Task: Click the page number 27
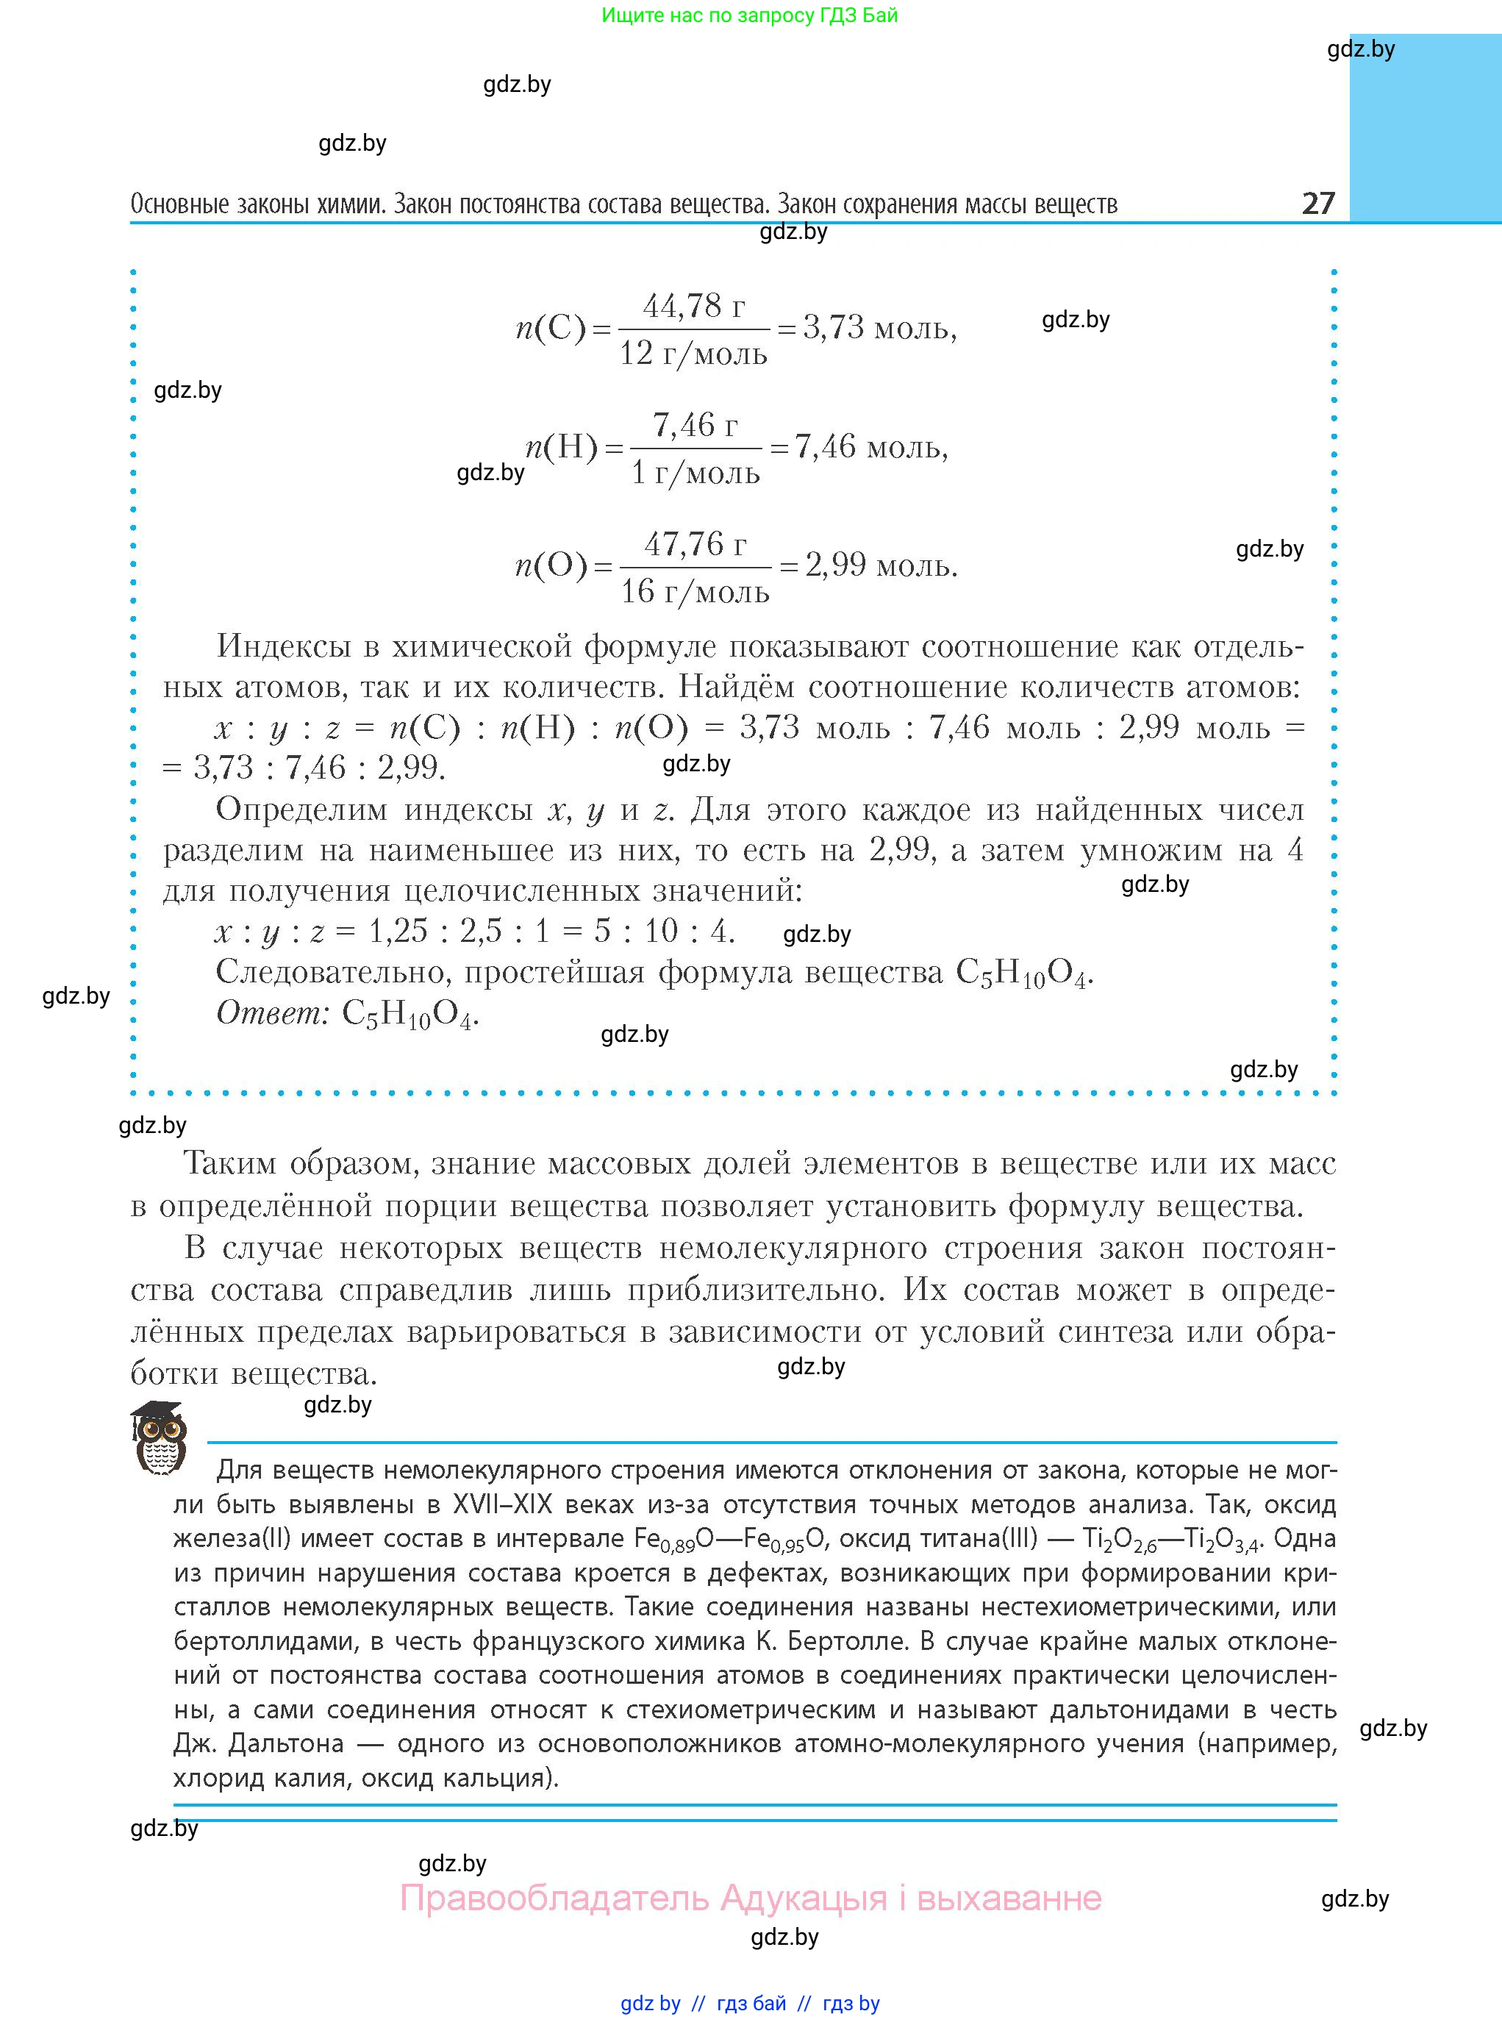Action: (x=1317, y=203)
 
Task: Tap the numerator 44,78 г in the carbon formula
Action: (x=694, y=307)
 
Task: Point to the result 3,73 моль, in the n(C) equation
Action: (x=879, y=328)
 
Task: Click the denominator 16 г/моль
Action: (x=695, y=592)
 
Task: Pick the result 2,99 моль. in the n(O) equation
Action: (x=881, y=566)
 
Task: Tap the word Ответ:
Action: (x=272, y=1012)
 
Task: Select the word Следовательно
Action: (x=333, y=973)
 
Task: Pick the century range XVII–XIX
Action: (x=503, y=1504)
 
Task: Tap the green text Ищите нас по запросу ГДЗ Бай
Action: (x=749, y=15)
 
